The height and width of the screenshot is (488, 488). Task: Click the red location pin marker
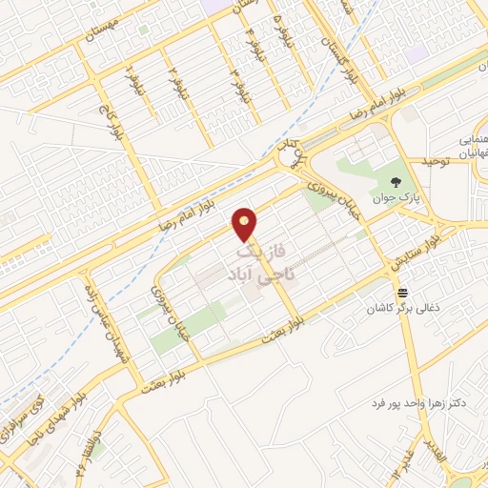(246, 224)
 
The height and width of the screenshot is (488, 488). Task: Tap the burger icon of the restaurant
(403, 293)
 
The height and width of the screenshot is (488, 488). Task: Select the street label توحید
(428, 162)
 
